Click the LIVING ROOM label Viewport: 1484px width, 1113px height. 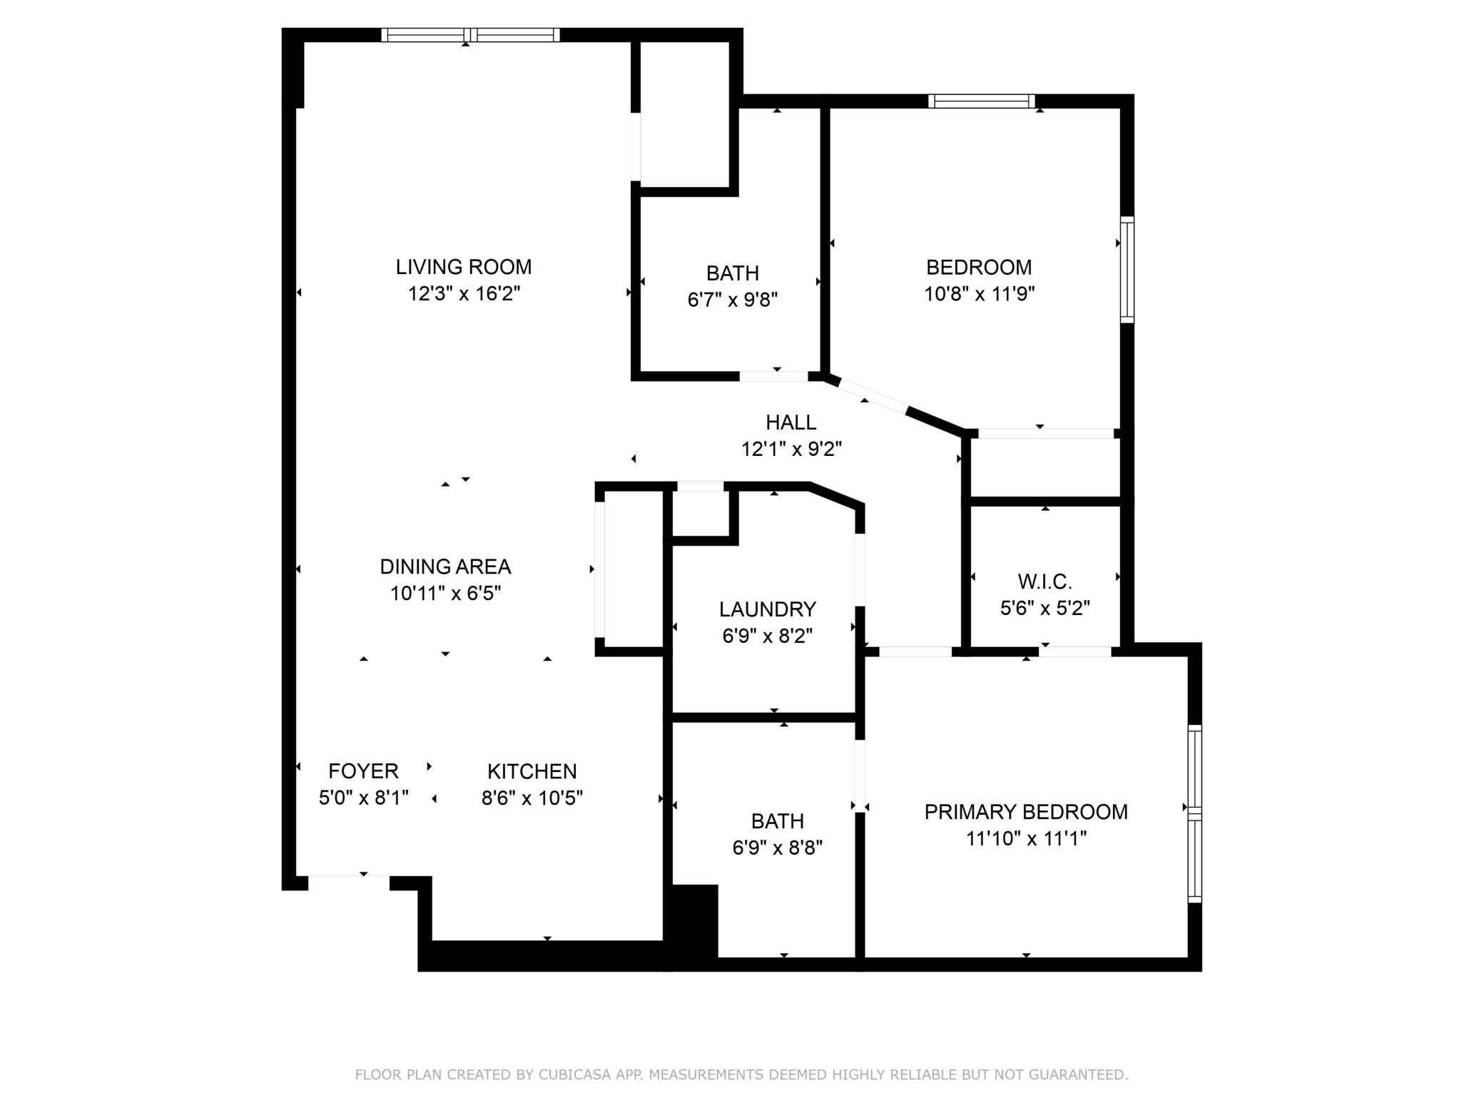coord(464,267)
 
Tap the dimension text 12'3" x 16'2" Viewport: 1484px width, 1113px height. coord(464,294)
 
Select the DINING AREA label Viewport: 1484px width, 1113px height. coord(445,566)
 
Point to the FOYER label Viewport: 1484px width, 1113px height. coord(363,771)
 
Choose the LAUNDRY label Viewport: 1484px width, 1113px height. coord(767,609)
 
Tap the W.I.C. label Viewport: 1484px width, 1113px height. coord(1045,581)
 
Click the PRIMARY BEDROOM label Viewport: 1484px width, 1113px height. coord(1025,812)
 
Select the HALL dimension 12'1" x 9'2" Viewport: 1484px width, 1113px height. coord(791,449)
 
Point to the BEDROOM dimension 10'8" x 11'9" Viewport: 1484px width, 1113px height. coord(979,294)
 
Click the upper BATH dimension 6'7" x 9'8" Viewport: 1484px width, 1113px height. coord(732,300)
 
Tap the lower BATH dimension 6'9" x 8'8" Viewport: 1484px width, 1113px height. coord(777,848)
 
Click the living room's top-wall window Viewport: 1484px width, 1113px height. coord(470,35)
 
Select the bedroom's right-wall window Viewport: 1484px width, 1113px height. coord(1127,270)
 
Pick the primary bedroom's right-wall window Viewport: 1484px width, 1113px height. coord(1194,813)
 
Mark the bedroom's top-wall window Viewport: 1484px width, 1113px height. coord(981,101)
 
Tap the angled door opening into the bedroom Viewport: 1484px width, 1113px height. coord(873,395)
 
